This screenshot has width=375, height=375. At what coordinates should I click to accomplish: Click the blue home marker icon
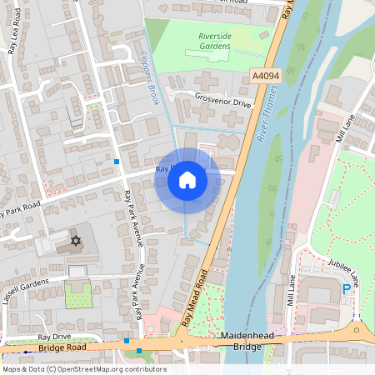click(x=187, y=180)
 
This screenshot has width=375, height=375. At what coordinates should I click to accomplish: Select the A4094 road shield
click(x=264, y=76)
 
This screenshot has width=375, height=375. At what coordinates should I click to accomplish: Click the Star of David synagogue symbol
click(x=76, y=241)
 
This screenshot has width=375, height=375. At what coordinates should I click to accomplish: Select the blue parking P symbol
click(x=347, y=289)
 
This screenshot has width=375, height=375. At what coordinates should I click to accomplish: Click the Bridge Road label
click(x=62, y=347)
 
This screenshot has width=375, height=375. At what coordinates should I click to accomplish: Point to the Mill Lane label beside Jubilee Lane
click(x=292, y=291)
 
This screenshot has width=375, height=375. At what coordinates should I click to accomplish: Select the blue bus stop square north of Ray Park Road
click(x=117, y=160)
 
